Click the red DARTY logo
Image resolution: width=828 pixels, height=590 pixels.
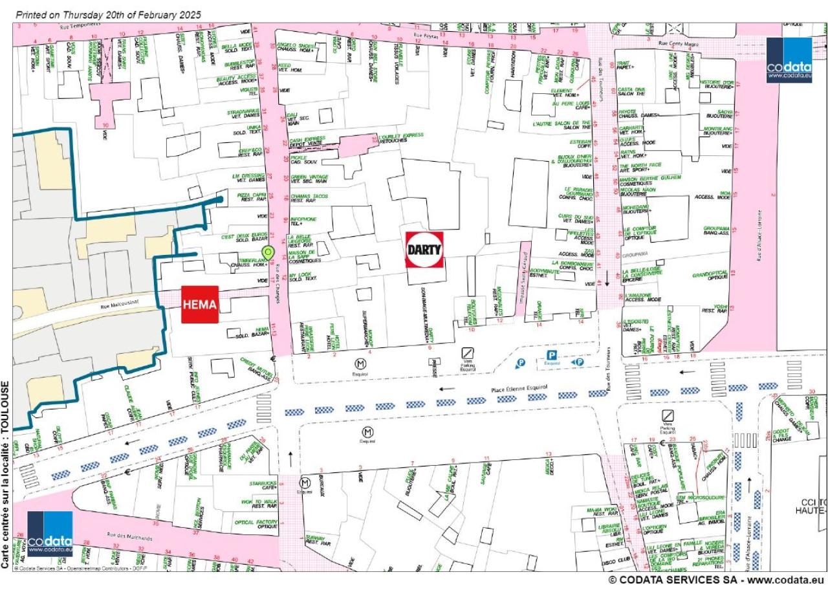click(x=424, y=250)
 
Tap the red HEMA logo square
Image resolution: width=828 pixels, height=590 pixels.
click(x=200, y=304)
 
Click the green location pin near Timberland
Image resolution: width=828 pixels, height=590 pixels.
click(x=267, y=252)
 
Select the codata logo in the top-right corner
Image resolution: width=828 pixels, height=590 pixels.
click(x=789, y=60)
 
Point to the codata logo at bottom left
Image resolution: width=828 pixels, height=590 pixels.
click(x=50, y=534)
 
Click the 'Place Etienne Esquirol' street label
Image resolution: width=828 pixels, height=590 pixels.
click(x=519, y=388)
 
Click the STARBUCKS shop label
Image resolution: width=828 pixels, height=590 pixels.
click(x=263, y=483)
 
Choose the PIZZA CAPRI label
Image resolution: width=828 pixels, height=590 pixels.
click(x=252, y=195)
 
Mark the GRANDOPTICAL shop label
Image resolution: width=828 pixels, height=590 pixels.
click(x=710, y=274)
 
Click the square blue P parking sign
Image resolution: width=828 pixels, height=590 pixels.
click(x=552, y=355)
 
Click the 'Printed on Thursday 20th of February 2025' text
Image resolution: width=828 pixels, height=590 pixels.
click(x=108, y=14)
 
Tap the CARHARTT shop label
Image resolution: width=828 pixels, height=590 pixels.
click(x=631, y=128)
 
